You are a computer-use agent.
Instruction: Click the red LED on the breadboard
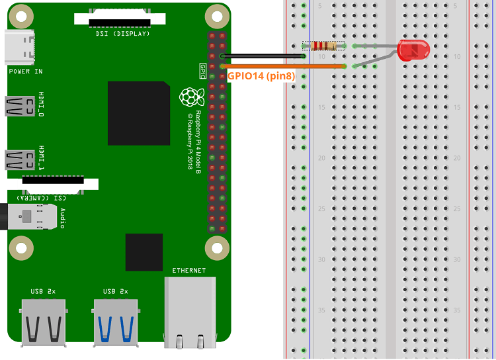point(413,50)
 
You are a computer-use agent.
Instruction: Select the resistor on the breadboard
point(324,46)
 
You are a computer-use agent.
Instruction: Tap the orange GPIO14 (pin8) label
point(261,76)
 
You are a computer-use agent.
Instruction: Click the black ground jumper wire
point(265,56)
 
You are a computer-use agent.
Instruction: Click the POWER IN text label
point(25,71)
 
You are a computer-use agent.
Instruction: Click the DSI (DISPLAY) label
point(123,33)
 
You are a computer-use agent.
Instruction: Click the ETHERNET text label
point(188,271)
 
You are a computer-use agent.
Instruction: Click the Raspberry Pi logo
point(191,97)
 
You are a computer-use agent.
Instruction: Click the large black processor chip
point(139,113)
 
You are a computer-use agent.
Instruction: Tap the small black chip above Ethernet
point(144,252)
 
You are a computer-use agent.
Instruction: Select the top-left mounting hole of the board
point(22,15)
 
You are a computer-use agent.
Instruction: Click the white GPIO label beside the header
point(202,68)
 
